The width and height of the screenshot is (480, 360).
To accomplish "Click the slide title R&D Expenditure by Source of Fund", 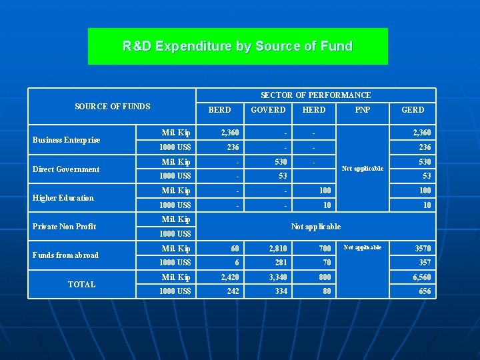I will (237, 46).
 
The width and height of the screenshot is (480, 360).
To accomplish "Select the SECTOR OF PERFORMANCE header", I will (315, 95).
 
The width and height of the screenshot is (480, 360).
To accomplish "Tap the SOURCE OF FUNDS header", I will (113, 107).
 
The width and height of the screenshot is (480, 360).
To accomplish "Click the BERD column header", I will (220, 110).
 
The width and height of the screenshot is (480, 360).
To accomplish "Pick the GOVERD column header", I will (268, 110).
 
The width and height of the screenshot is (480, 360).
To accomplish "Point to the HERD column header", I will (314, 110).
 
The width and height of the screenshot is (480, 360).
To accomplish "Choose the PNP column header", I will (363, 110).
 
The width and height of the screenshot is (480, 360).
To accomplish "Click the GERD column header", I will (412, 110).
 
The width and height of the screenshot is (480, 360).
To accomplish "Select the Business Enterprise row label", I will (67, 140).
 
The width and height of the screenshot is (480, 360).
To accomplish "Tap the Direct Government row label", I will (66, 169).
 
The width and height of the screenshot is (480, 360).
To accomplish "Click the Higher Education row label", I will (63, 198).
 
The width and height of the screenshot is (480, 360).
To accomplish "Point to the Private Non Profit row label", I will (65, 227).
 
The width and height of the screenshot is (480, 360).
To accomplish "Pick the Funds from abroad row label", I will (65, 255).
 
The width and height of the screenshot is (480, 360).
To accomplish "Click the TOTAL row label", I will (81, 285).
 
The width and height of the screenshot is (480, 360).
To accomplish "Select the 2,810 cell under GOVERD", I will (277, 249).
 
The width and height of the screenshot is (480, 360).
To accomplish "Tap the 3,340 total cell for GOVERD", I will (277, 277).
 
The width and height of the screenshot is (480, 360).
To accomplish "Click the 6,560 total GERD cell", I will (421, 277).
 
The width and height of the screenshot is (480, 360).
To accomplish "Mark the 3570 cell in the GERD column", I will (423, 249).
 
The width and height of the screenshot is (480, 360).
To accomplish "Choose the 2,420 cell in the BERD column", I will (229, 277).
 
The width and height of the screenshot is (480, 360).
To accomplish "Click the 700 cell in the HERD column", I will (325, 249).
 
